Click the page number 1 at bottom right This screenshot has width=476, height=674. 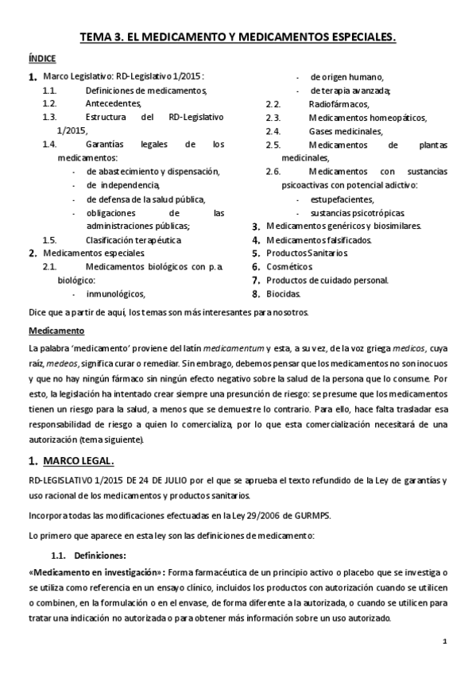click(x=445, y=641)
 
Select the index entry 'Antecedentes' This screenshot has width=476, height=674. click(x=114, y=103)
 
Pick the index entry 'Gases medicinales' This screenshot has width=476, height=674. click(x=346, y=131)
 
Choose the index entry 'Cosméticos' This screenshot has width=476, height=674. click(x=291, y=266)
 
